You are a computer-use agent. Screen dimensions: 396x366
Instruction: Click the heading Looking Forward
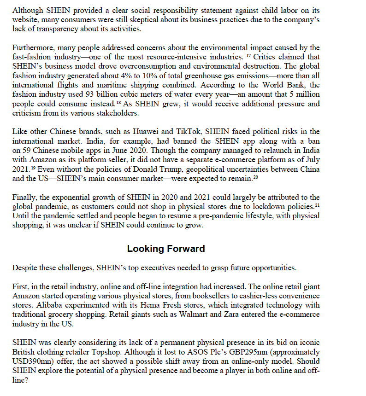pyautogui.click(x=166, y=249)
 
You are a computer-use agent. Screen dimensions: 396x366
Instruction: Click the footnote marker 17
pyautogui.click(x=247, y=55)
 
